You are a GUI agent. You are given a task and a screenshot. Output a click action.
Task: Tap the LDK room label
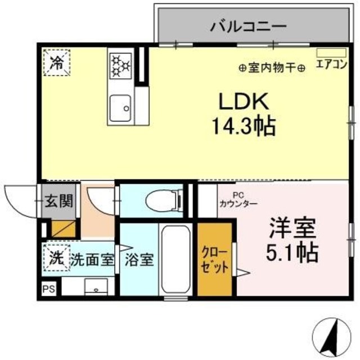tap(237, 103)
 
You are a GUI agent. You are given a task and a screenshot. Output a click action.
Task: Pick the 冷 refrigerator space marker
tap(57, 62)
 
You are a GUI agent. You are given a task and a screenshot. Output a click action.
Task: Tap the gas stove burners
tap(120, 64)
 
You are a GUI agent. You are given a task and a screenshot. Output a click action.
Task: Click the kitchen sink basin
tap(120, 106)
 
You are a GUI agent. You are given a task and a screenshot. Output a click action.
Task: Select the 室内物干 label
tap(272, 68)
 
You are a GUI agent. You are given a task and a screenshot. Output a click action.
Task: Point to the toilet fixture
tap(163, 200)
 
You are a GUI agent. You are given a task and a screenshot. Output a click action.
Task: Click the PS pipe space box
tap(48, 290)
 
